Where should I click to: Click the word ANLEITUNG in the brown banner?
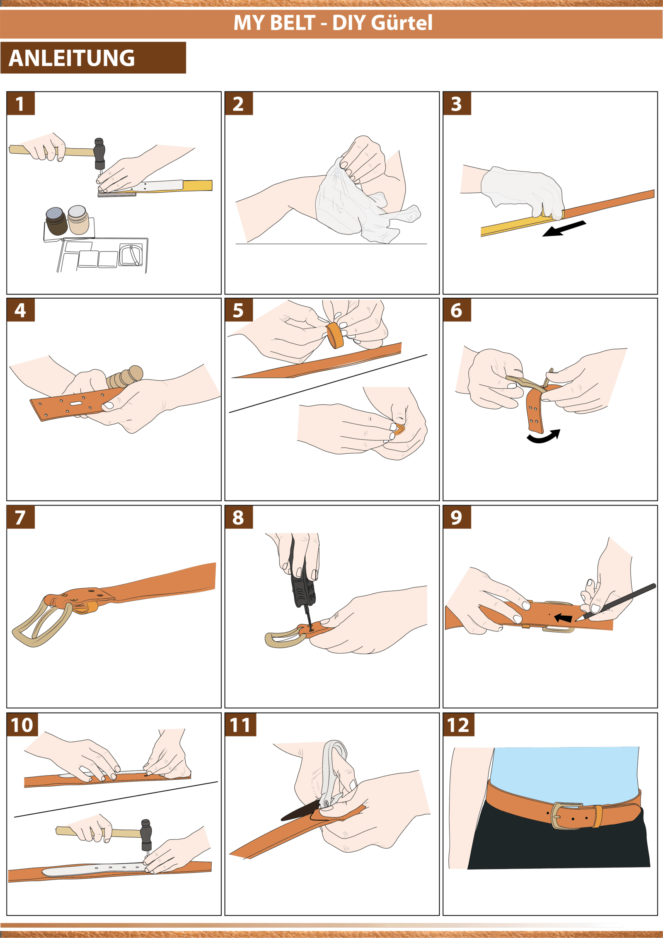[72, 58]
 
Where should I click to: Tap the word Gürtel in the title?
[402, 22]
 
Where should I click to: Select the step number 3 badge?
[457, 104]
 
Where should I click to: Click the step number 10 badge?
[22, 725]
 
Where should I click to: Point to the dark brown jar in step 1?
[56, 222]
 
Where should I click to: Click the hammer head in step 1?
[99, 154]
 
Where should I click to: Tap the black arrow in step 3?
[564, 229]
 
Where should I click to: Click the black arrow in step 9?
[564, 618]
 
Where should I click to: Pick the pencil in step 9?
[616, 602]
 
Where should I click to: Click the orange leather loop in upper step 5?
[335, 335]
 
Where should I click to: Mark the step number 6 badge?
[457, 310]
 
